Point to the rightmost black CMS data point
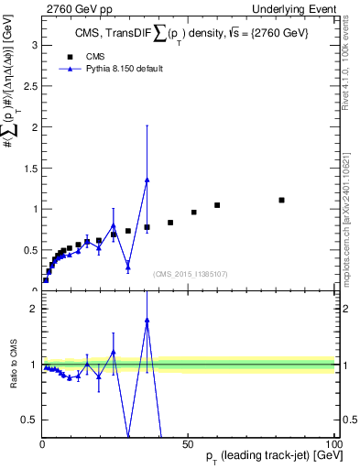(281, 200)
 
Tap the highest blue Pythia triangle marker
(147, 180)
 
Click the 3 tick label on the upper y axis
(33, 44)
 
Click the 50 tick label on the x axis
(189, 444)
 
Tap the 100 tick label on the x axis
(333, 444)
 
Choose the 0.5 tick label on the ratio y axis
(29, 420)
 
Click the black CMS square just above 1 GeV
(217, 205)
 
